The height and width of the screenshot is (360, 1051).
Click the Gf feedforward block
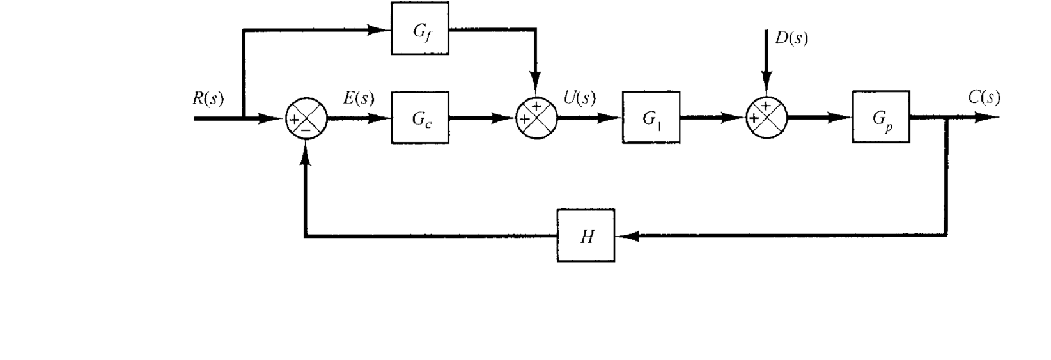(419, 29)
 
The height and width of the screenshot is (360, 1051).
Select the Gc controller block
(419, 118)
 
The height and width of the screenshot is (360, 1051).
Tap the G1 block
(651, 118)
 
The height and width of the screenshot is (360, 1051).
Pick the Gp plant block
(880, 118)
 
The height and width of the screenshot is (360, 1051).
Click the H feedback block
(586, 236)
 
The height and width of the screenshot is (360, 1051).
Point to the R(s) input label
(208, 100)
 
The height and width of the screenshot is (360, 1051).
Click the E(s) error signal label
(359, 98)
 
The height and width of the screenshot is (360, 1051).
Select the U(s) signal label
(579, 98)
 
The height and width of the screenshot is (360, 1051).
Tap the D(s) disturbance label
(791, 38)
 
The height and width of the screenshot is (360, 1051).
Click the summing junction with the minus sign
(306, 118)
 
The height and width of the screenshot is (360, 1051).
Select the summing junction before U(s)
(536, 118)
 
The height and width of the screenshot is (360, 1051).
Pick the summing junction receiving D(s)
(767, 118)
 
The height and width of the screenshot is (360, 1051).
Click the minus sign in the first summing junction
(306, 129)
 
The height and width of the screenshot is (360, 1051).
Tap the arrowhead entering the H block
(625, 236)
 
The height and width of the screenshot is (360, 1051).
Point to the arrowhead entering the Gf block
(380, 29)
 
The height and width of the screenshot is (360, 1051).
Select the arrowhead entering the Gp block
(841, 118)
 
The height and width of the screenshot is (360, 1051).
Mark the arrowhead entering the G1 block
(612, 118)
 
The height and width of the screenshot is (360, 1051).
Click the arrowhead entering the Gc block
(381, 118)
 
